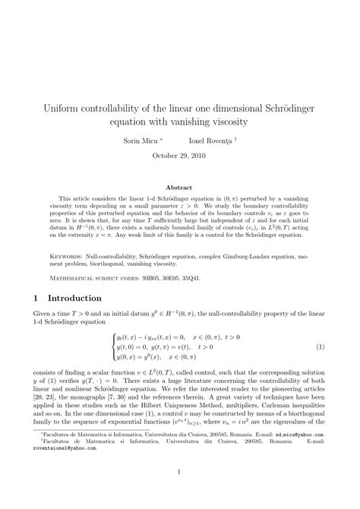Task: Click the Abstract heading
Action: click(x=180, y=186)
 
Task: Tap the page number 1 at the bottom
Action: click(x=180, y=470)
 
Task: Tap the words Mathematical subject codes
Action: click(x=99, y=278)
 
